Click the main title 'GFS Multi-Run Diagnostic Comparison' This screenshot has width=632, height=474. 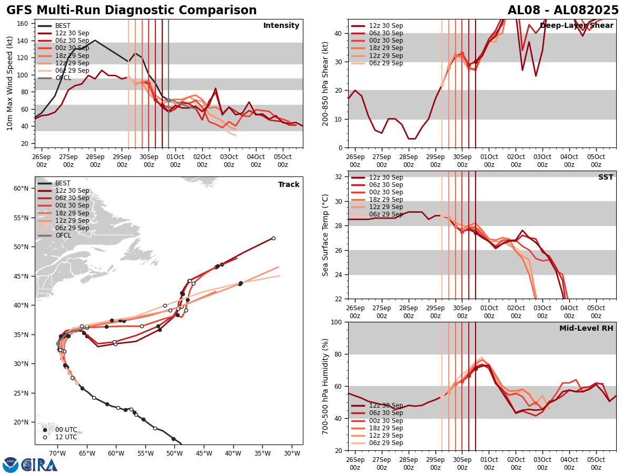[132, 11]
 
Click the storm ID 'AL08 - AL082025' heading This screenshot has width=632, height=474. [563, 11]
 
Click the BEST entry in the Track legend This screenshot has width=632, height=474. [63, 183]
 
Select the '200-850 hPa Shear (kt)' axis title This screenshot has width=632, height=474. [325, 83]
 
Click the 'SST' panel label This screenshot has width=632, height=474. [606, 177]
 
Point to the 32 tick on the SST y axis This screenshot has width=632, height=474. [340, 177]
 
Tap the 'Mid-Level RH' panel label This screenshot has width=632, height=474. [586, 329]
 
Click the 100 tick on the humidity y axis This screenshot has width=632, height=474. [337, 322]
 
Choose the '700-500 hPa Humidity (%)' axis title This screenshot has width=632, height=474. [325, 386]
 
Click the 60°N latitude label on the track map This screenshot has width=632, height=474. [21, 189]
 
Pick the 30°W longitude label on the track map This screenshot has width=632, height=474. [292, 453]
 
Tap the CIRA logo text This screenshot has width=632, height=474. [39, 465]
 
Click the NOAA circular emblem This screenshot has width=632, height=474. [10, 465]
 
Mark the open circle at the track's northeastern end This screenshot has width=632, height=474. [273, 238]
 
